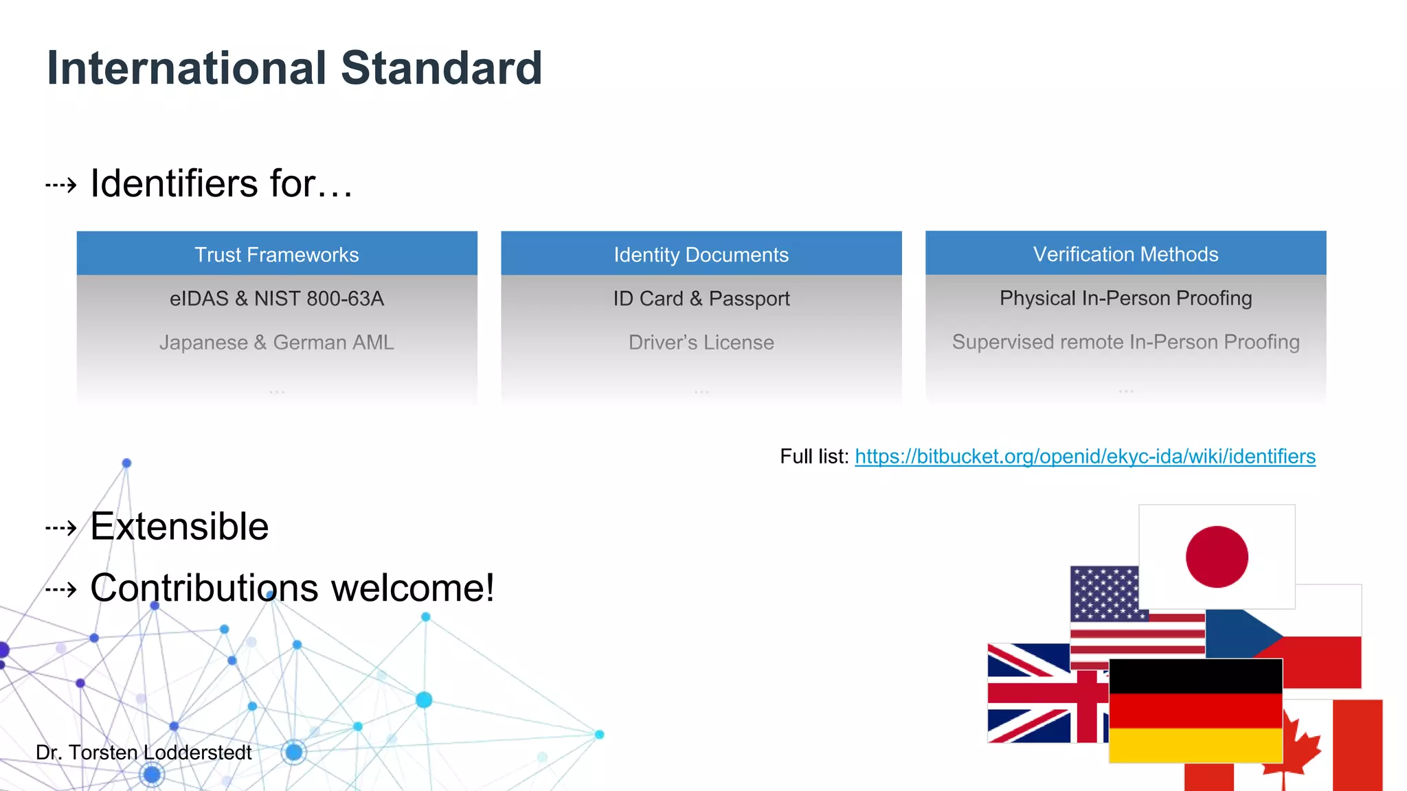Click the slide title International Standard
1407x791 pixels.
click(x=294, y=69)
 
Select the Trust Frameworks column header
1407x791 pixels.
click(x=277, y=255)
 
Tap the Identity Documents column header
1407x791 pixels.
click(x=701, y=255)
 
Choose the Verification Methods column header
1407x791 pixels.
click(x=1125, y=254)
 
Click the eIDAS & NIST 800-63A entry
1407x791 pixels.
click(x=277, y=299)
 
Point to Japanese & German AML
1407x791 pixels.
click(x=277, y=342)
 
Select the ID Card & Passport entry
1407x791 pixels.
click(x=701, y=299)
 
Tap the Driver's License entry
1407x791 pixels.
click(x=701, y=342)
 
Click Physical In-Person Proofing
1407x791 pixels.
click(x=1125, y=298)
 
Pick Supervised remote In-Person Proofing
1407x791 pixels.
click(x=1125, y=342)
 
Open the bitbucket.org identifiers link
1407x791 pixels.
click(x=1085, y=457)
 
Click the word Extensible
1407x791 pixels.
click(x=179, y=527)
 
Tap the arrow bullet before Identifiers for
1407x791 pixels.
click(x=61, y=185)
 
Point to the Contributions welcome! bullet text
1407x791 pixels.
click(x=292, y=588)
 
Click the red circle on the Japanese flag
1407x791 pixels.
click(x=1217, y=557)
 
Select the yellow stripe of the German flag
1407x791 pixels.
click(x=1195, y=745)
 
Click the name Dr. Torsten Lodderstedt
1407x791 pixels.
click(x=144, y=753)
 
